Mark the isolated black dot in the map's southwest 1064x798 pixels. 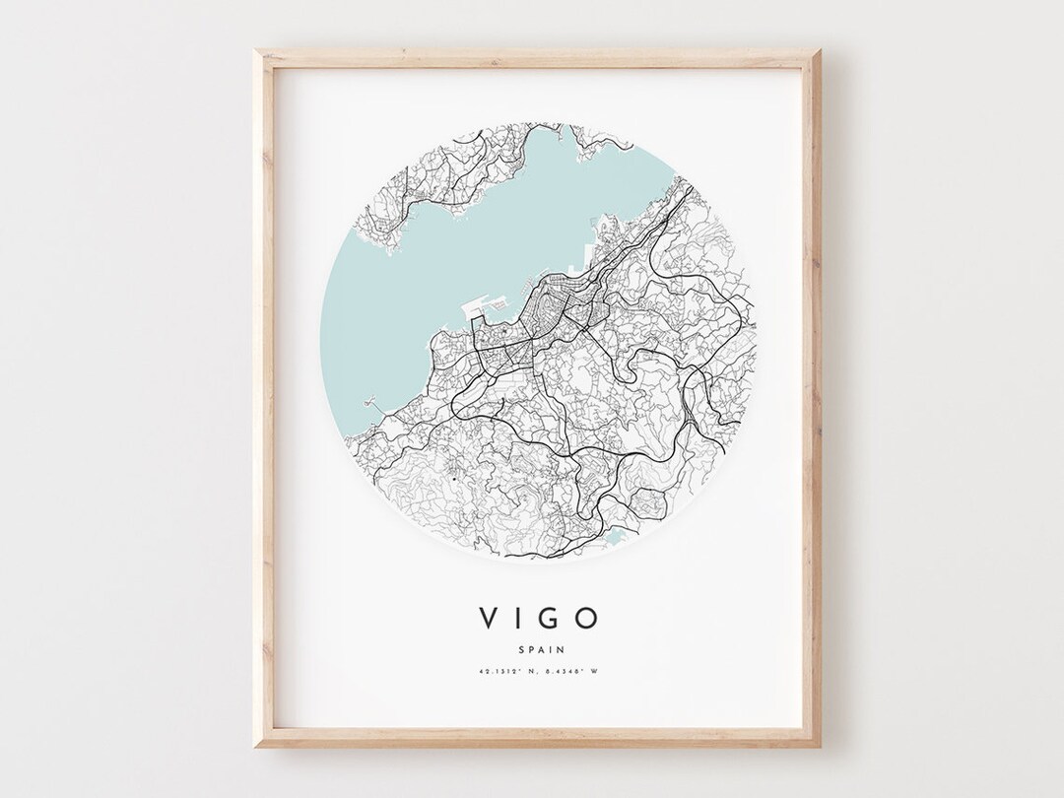pyautogui.click(x=449, y=479)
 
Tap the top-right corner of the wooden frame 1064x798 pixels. pyautogui.click(x=817, y=51)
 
